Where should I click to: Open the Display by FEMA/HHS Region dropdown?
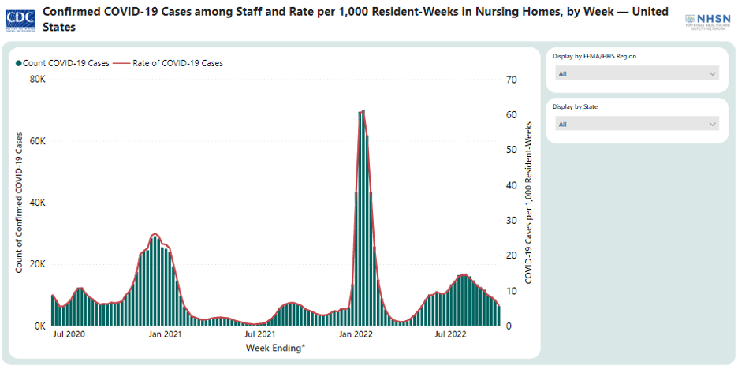(637, 73)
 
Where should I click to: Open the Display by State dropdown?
(637, 124)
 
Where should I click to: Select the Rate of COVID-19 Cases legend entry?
(169, 63)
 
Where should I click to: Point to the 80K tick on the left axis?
(38, 80)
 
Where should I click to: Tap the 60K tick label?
(38, 141)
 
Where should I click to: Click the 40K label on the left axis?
(38, 203)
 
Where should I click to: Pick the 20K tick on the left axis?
(38, 264)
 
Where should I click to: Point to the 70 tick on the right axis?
(511, 80)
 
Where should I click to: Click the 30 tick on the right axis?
(511, 221)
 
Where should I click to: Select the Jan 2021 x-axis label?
(166, 334)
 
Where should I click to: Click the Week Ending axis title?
(275, 348)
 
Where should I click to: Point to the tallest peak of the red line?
(362, 111)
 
